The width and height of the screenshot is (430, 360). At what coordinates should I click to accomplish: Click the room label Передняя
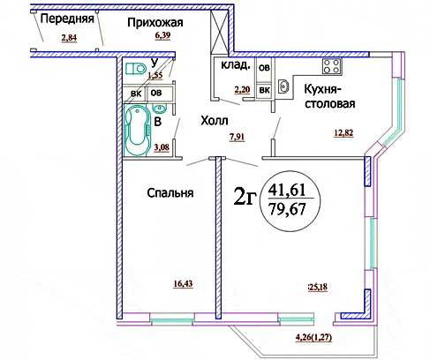pos(67,19)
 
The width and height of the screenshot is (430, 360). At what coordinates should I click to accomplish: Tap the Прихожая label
pos(155,23)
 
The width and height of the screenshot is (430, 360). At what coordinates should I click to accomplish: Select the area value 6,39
pos(162,35)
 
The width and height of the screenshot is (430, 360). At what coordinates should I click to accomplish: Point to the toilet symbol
pos(136,69)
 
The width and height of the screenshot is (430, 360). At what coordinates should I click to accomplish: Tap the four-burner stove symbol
pos(332,66)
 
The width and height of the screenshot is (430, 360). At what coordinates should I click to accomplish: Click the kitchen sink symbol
pos(283,86)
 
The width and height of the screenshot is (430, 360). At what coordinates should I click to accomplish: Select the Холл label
pos(215,121)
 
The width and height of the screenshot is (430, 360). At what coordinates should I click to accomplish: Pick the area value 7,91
pos(237,137)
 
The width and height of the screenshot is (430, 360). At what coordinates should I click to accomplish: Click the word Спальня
pos(170,193)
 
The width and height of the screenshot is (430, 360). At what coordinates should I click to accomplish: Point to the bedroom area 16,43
pos(183,284)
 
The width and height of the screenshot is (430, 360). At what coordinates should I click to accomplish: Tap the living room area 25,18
pos(318,287)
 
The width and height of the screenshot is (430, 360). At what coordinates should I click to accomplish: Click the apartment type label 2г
pos(244,197)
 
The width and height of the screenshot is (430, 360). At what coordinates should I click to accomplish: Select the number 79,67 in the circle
pos(288,209)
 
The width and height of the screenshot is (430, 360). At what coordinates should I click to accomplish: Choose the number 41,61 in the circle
pos(287,190)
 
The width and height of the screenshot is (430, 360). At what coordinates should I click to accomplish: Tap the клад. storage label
pos(236,65)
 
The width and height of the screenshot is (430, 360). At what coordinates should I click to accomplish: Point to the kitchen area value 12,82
pos(343,133)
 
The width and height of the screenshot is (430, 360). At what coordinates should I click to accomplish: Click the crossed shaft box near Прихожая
pos(219,32)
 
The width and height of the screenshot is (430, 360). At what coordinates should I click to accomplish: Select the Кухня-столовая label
pos(329,96)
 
